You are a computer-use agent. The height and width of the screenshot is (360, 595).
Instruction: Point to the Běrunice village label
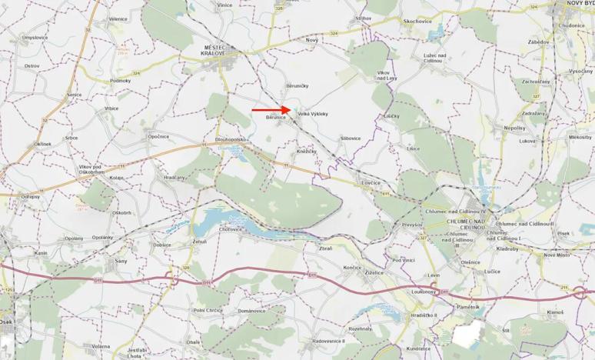pyautogui.click(x=276, y=118)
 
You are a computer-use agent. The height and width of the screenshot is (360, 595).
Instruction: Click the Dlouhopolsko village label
pyautogui.click(x=229, y=139)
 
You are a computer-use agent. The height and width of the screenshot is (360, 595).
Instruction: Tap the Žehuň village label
pyautogui.click(x=199, y=242)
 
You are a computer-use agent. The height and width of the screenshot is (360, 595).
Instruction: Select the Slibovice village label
pyautogui.click(x=350, y=138)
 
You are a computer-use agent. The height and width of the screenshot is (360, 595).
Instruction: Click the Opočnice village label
pyautogui.click(x=158, y=136)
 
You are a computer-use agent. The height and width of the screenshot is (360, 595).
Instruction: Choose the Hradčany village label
pyautogui.click(x=175, y=178)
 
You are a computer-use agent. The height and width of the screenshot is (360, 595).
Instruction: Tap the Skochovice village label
pyautogui.click(x=418, y=21)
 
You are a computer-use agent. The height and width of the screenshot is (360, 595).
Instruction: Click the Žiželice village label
pyautogui.click(x=375, y=272)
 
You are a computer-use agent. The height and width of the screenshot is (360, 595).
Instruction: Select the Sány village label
pyautogui.click(x=120, y=261)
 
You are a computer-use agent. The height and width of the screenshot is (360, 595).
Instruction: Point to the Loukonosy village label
pyautogui.click(x=424, y=292)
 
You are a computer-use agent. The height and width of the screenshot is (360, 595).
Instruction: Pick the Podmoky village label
pyautogui.click(x=120, y=80)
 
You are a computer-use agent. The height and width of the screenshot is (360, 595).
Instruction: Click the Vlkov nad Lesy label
pyautogui.click(x=386, y=75)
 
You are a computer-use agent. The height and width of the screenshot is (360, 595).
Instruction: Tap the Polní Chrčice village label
pyautogui.click(x=208, y=310)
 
